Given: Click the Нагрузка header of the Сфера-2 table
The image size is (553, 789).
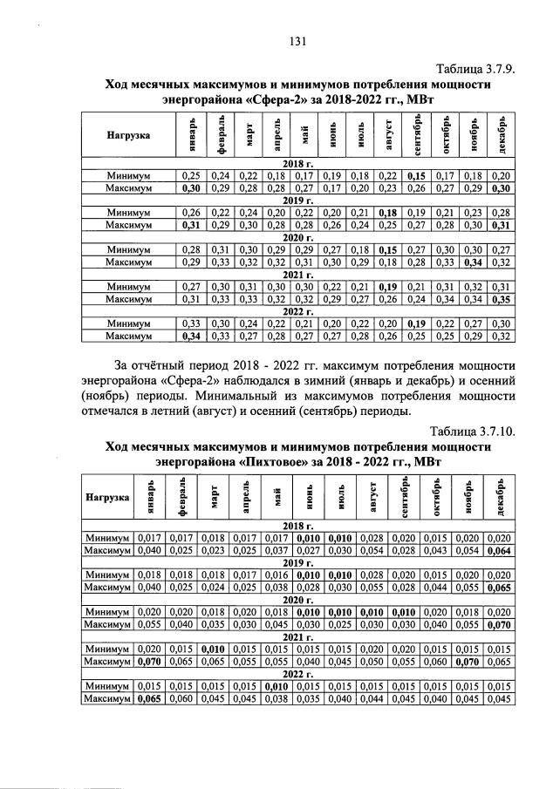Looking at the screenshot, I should [x=128, y=136].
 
